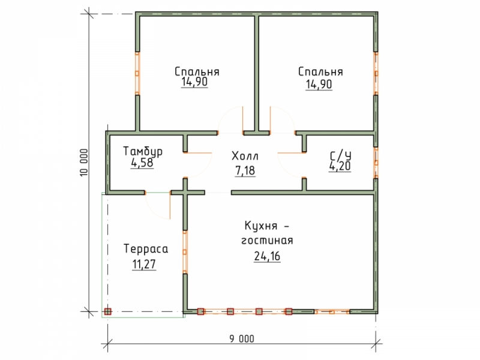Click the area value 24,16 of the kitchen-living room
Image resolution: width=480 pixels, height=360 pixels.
click(267, 256)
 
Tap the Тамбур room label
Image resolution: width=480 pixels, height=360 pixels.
click(143, 152)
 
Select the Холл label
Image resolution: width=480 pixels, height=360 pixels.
click(245, 156)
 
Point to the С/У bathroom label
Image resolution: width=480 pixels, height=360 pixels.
click(340, 156)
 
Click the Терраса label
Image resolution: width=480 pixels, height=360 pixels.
click(146, 249)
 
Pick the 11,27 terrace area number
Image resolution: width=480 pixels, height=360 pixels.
click(144, 264)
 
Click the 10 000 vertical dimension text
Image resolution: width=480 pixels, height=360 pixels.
click(84, 162)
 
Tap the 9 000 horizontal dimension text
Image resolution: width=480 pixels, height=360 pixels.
click(242, 339)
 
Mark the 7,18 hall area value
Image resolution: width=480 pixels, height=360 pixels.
click(245, 171)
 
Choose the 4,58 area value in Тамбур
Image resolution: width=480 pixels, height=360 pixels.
click(142, 163)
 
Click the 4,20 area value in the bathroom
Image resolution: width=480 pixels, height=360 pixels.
click(340, 166)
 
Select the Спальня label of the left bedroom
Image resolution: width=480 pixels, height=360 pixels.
click(197, 72)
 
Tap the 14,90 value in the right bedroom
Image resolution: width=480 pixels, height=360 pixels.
click(319, 84)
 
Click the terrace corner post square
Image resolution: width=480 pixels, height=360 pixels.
click(107, 311)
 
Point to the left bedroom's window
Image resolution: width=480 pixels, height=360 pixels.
click(137, 73)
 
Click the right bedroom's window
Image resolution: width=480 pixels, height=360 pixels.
click(376, 73)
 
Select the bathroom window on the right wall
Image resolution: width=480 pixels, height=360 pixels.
click(376, 163)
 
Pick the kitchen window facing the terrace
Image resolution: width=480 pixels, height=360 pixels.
click(185, 251)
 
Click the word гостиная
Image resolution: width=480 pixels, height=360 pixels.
click(267, 241)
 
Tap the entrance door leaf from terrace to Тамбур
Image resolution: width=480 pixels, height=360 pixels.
click(170, 206)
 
